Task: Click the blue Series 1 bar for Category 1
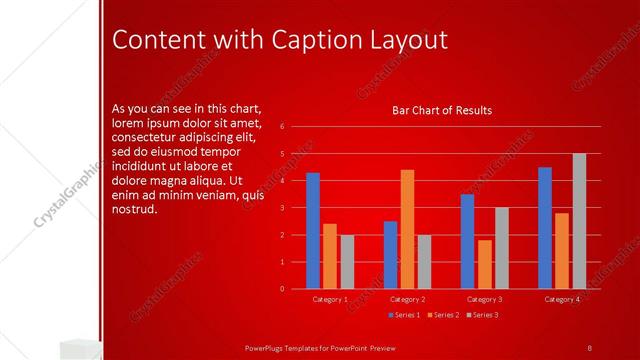click(313, 231)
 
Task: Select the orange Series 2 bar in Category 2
click(407, 229)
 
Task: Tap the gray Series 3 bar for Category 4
click(579, 221)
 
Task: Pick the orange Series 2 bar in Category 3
click(485, 264)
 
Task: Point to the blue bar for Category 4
click(545, 228)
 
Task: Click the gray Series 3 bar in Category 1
click(347, 262)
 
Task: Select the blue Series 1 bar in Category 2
click(390, 255)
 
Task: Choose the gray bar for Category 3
click(502, 248)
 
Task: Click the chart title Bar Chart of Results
click(441, 110)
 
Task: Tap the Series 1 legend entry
click(405, 315)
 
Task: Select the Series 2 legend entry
click(444, 315)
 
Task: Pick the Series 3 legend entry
click(483, 315)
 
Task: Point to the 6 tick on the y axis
click(283, 127)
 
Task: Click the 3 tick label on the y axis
click(283, 208)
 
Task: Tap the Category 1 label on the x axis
click(330, 299)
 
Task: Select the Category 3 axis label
click(485, 299)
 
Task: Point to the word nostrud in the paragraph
click(135, 210)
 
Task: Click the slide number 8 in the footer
click(589, 347)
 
